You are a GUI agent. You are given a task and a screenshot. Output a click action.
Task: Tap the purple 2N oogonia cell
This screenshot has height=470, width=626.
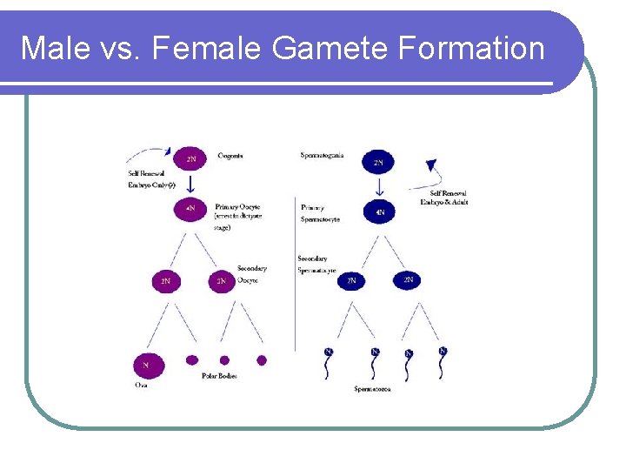[190, 159]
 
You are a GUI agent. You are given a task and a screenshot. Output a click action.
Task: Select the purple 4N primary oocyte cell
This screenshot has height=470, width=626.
[190, 210]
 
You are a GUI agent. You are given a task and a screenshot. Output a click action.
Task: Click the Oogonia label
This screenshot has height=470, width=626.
[230, 156]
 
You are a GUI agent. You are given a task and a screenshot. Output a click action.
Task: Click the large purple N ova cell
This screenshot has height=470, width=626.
[146, 365]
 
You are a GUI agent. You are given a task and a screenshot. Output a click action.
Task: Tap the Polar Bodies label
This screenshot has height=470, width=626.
[219, 376]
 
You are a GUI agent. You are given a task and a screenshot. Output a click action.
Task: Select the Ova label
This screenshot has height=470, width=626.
[141, 384]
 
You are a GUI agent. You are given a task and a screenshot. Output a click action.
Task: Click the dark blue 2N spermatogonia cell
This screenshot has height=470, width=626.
[378, 162]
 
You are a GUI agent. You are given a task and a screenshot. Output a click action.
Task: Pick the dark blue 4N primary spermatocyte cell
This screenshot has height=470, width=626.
[379, 211]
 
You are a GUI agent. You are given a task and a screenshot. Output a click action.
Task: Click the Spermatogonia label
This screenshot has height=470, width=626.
[322, 156]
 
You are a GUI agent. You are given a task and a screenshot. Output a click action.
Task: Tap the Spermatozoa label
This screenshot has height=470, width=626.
[372, 389]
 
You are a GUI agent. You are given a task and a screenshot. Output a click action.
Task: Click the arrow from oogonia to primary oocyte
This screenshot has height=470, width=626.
[190, 185]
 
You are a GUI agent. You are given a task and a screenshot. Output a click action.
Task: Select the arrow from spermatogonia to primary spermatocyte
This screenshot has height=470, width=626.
[379, 187]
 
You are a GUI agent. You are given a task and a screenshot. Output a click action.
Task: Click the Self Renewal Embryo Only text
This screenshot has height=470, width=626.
[151, 178]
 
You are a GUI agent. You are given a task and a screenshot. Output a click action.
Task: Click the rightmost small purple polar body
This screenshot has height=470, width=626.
[262, 359]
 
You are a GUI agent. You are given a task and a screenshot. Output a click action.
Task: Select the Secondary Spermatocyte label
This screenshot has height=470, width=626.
[316, 265]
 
